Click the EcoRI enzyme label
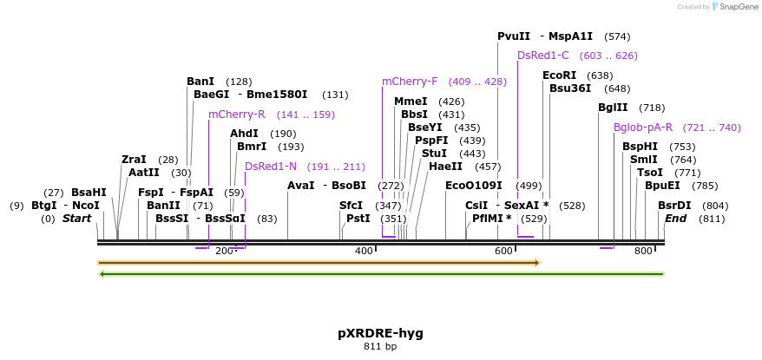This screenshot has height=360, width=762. (559, 75)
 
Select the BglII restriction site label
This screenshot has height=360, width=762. (613, 108)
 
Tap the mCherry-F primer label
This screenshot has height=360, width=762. (410, 82)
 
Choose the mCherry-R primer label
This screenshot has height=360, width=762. (236, 115)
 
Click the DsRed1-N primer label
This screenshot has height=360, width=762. (271, 167)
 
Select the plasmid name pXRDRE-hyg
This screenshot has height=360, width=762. (380, 333)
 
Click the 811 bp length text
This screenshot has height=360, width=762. (380, 347)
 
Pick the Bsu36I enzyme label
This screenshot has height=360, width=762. (570, 88)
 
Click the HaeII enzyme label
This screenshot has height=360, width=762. (446, 167)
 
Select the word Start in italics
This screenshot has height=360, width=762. (76, 219)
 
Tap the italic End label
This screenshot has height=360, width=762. (676, 219)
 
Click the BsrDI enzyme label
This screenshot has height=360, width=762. (674, 206)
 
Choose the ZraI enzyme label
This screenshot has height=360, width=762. (134, 160)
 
